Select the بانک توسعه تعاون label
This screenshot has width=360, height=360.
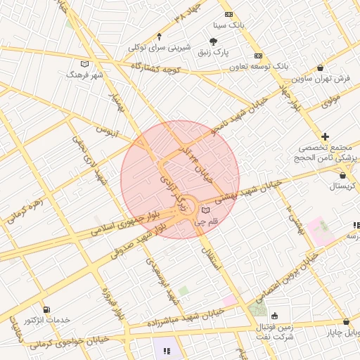click(x=258, y=66)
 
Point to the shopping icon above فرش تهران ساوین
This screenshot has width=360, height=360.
click(x=321, y=68)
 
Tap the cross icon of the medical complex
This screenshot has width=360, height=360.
click(x=325, y=136)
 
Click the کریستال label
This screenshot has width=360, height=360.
click(x=343, y=186)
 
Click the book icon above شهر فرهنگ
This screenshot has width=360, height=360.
click(x=85, y=63)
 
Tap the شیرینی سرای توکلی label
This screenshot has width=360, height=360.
click(x=160, y=48)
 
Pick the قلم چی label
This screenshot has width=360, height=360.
click(x=207, y=221)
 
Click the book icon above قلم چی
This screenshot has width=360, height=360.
click(x=205, y=210)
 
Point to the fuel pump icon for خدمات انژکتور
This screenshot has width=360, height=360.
click(x=46, y=309)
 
